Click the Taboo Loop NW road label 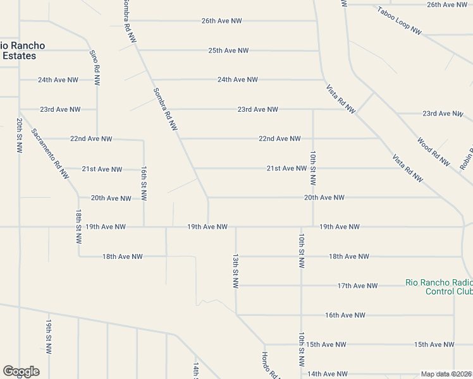[399, 20]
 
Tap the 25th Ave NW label [228, 51]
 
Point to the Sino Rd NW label [94, 68]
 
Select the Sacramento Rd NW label [50, 155]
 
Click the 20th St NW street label [20, 135]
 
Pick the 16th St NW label [144, 184]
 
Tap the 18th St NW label [78, 227]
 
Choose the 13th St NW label [235, 272]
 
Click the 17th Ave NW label [357, 286]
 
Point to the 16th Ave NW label [345, 315]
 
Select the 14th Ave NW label [327, 374]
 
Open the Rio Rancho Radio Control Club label [439, 287]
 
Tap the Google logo [21, 371]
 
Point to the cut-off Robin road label [467, 153]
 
